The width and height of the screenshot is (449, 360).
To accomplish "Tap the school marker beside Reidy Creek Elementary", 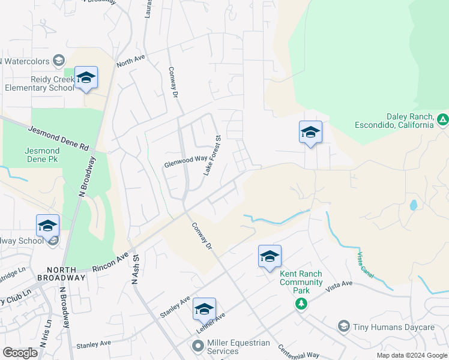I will pyautogui.click(x=86, y=78).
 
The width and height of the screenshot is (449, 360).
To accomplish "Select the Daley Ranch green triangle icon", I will pyautogui.click(x=442, y=119).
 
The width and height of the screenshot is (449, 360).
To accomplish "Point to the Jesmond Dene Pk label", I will pyautogui.click(x=43, y=155).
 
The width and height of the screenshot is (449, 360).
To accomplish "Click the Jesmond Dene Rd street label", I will pyautogui.click(x=58, y=138).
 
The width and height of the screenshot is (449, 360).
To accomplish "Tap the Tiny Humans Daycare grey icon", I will pyautogui.click(x=344, y=326).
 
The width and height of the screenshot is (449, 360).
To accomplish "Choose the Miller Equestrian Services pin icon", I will pyautogui.click(x=197, y=346).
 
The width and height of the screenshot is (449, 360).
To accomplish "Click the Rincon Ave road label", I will pyautogui.click(x=112, y=262).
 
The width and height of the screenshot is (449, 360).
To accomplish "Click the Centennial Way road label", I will pyautogui.click(x=298, y=352).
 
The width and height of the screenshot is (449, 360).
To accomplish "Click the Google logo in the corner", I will pyautogui.click(x=20, y=353).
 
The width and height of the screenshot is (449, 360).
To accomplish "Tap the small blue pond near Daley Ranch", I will pyautogui.click(x=413, y=205).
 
